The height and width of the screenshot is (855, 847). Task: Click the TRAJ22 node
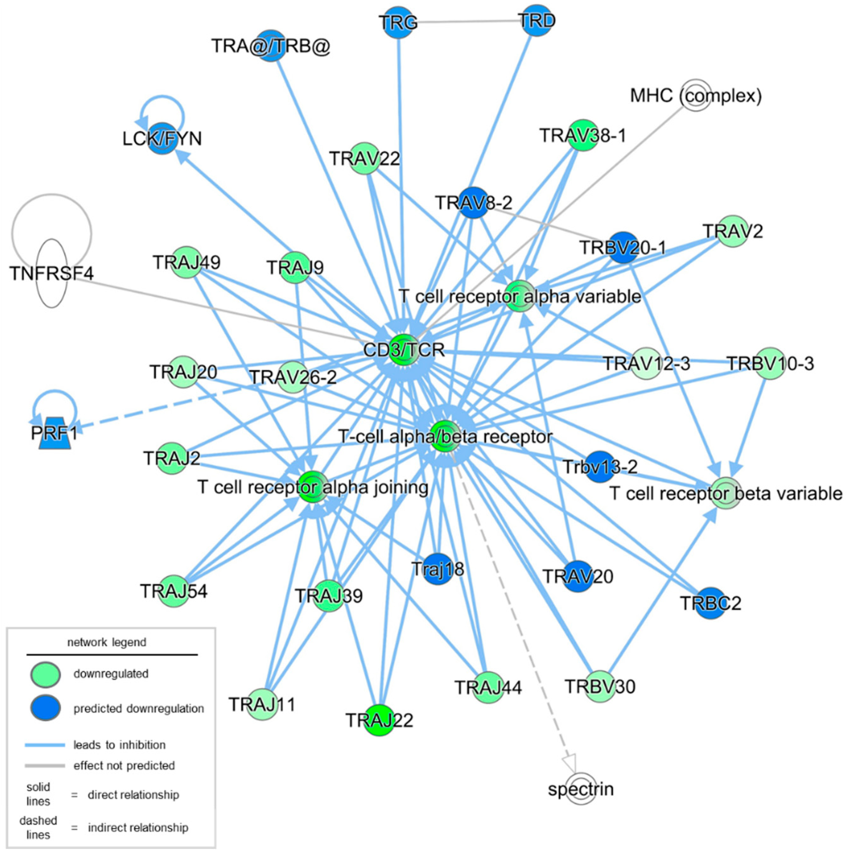[379, 720]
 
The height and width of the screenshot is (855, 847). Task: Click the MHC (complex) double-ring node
[696, 95]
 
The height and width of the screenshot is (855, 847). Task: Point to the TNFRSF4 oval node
[52, 273]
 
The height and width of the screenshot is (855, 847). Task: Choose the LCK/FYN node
[162, 139]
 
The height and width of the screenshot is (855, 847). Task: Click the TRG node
[398, 22]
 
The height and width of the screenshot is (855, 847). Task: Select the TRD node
[536, 20]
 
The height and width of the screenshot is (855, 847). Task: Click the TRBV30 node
[600, 687]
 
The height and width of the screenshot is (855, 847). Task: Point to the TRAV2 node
[733, 231]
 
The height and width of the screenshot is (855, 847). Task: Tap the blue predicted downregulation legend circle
[45, 708]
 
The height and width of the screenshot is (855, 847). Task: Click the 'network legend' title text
[106, 642]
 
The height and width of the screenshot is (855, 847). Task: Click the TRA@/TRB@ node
[271, 46]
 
